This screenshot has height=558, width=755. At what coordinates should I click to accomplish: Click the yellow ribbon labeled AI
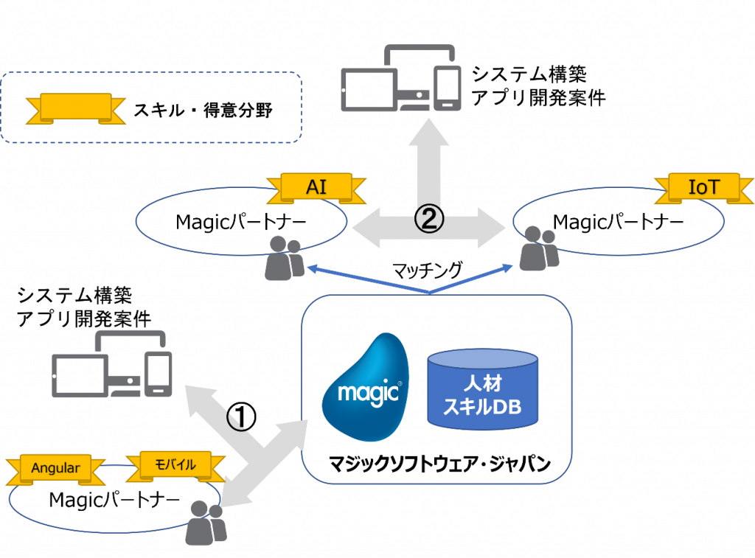tap(316, 187)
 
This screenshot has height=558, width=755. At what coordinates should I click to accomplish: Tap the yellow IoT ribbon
tap(703, 187)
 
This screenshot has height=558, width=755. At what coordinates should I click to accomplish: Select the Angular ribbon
tap(55, 468)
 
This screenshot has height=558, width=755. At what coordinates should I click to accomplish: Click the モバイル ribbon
tap(175, 465)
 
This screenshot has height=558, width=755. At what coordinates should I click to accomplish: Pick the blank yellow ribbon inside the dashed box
tap(76, 108)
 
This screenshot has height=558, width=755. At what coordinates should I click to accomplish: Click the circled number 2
tap(429, 219)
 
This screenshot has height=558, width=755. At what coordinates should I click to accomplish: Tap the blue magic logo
tap(366, 388)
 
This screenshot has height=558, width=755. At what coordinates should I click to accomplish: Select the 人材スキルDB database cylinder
tap(483, 391)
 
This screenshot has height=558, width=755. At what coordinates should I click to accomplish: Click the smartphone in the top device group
tap(447, 88)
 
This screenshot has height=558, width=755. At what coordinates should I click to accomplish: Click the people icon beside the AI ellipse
tap(284, 258)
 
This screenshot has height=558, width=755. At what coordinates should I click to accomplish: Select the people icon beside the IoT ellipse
tap(539, 249)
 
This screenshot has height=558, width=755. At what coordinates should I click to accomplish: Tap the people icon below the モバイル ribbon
tap(204, 523)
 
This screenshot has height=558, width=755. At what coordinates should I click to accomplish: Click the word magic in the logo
tap(368, 392)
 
